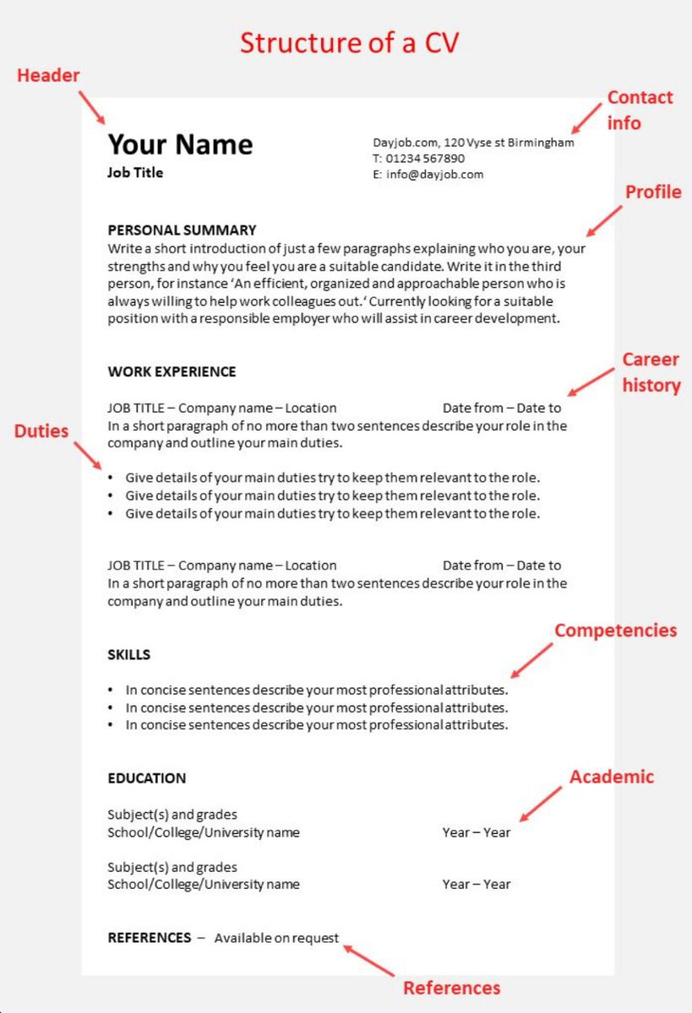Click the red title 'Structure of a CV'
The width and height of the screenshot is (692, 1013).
[x=349, y=42]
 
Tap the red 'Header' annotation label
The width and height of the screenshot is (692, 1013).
[x=48, y=75]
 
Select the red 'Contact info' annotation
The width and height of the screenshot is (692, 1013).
[x=640, y=110]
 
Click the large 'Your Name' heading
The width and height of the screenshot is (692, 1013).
[x=180, y=144]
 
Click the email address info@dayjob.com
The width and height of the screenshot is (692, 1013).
[x=434, y=175]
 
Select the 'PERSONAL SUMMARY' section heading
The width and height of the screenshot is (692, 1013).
[x=182, y=230]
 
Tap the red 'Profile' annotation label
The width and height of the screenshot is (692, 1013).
[x=652, y=192]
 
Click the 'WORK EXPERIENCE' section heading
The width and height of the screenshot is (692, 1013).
[x=172, y=371]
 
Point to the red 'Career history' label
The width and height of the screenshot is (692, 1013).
[x=651, y=372]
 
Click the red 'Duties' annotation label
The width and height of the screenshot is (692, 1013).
[x=41, y=431]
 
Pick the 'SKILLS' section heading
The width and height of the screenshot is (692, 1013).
[x=128, y=654]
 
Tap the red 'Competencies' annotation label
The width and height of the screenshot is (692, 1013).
[x=615, y=631]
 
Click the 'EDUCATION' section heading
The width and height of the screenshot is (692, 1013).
[x=146, y=778]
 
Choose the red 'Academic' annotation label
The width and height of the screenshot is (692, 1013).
[x=611, y=777]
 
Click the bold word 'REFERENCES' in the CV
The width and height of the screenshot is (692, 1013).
[x=149, y=938]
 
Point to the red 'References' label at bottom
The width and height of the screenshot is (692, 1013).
[x=451, y=988]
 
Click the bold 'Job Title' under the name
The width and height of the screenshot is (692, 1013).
[x=135, y=173]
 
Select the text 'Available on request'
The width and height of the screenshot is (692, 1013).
[x=276, y=938]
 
